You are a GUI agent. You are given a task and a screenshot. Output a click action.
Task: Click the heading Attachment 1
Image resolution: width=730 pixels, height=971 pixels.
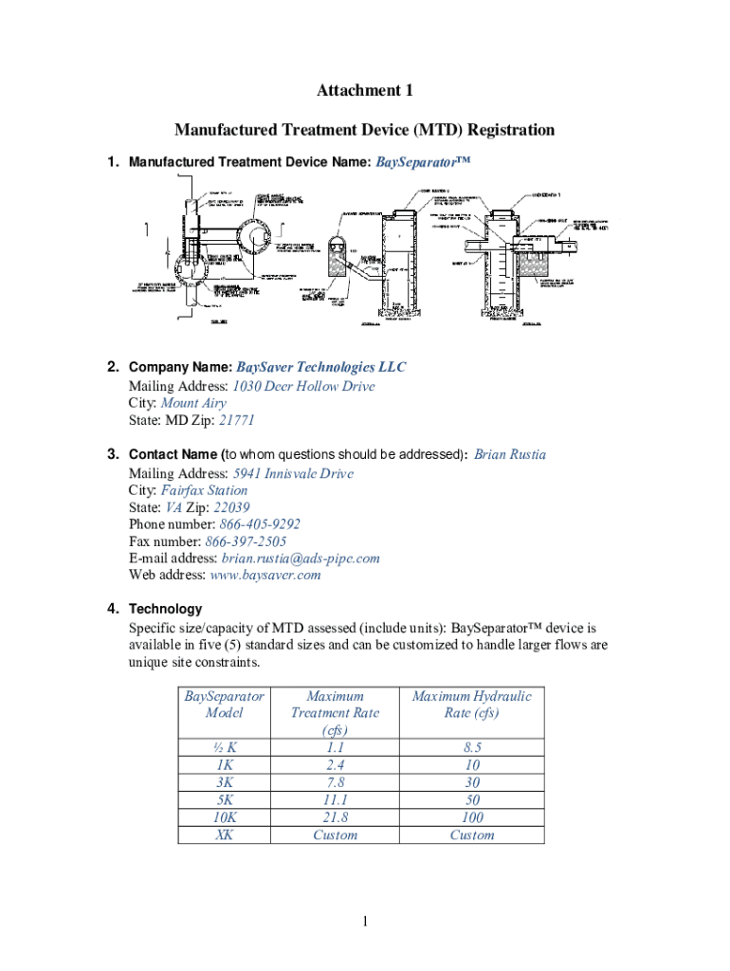[365, 91]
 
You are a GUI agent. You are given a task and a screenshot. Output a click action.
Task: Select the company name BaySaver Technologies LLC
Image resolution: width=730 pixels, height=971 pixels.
[320, 367]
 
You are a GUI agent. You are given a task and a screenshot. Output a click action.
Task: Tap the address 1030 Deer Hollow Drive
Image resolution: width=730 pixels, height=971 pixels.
[303, 386]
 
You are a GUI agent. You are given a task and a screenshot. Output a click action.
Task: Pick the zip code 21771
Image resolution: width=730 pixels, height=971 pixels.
[237, 420]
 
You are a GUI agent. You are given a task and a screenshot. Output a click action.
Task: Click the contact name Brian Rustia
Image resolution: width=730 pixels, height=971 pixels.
[510, 454]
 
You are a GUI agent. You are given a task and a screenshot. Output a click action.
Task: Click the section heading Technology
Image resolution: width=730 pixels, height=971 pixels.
[165, 609]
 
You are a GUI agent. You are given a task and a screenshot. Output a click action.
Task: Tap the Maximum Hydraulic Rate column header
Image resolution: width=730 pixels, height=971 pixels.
[472, 705]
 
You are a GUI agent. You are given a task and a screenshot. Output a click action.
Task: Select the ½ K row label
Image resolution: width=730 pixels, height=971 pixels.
[225, 748]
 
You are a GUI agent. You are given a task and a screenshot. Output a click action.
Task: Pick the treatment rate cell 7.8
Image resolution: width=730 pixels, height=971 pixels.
[336, 782]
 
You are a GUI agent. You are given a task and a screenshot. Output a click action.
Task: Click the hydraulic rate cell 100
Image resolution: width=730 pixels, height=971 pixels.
[472, 817]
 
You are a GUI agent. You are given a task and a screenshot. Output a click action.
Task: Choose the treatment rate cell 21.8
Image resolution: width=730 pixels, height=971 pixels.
[336, 817]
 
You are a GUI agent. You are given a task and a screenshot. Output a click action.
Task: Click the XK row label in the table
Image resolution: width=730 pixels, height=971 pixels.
[225, 834]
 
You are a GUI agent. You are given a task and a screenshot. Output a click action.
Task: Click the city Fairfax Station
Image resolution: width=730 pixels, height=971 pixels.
[204, 490]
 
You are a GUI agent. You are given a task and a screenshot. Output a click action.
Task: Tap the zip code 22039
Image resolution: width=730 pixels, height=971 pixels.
[233, 507]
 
